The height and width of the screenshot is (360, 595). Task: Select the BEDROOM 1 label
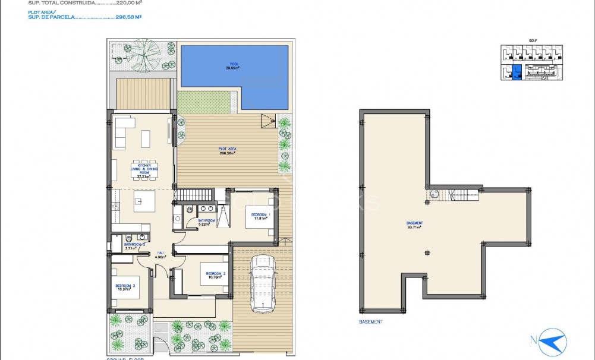[260, 216]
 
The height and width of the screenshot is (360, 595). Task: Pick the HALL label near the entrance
[160, 255]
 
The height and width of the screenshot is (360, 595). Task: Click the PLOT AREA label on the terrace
[226, 151]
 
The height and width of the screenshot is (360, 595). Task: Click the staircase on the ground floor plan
[194, 194]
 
